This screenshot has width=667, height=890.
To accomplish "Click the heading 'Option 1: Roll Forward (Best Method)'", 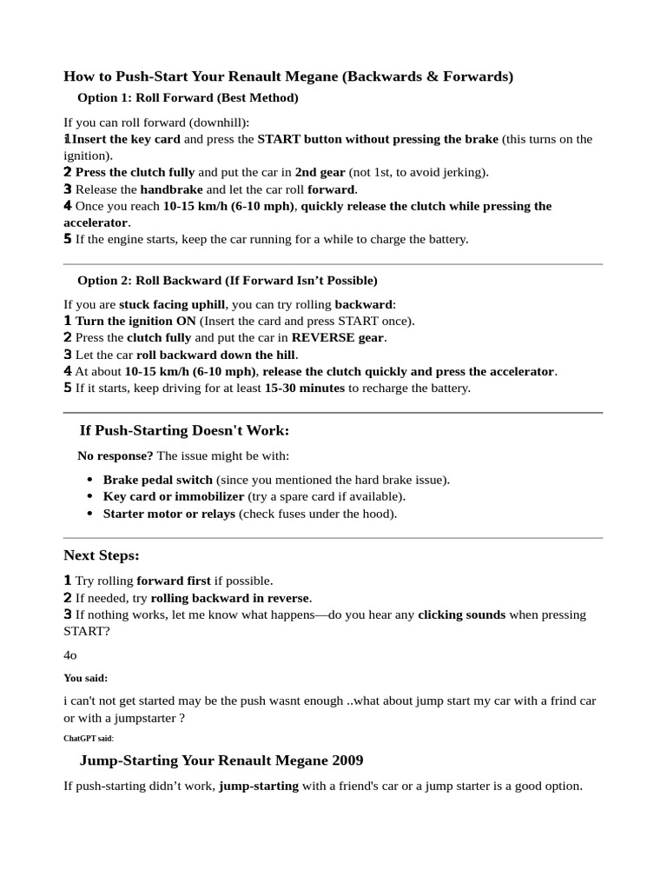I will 188,98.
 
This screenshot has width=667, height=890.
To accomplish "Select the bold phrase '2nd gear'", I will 320,172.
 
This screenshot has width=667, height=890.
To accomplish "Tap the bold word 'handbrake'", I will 171,189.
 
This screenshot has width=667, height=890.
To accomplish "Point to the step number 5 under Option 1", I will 68,239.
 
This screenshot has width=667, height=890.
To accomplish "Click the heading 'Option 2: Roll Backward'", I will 228,281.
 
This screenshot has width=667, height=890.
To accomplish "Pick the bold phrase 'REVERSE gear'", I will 338,337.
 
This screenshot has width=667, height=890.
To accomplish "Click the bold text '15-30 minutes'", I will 304,388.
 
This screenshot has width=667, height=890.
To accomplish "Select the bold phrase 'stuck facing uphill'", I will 172,304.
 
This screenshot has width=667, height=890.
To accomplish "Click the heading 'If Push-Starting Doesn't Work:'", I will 184,431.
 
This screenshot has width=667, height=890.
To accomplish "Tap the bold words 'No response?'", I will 116,455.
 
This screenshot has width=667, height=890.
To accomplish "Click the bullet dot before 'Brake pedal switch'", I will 90,480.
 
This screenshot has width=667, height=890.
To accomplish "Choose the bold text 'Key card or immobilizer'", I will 173,496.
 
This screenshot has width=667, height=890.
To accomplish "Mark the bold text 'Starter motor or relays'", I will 168,514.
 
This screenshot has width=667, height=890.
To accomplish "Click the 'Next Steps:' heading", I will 102,555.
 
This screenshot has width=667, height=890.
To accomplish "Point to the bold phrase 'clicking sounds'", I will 461,614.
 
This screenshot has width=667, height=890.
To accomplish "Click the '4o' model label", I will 70,655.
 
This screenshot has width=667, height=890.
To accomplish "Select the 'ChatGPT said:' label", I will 88,738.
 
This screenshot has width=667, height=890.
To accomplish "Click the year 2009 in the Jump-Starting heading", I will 347,760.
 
